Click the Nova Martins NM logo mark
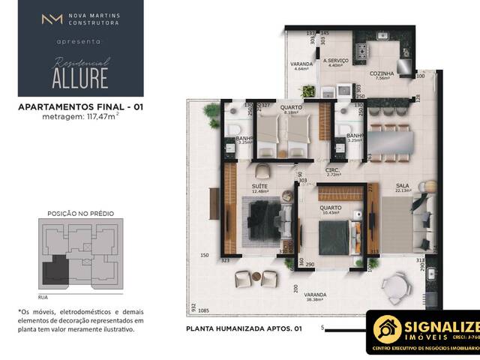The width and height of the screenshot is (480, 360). (52, 19)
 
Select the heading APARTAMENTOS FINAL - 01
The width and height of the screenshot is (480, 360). (80, 107)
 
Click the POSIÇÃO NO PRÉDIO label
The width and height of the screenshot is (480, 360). (81, 213)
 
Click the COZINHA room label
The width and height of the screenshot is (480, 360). (382, 73)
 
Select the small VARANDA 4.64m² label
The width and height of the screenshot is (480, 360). (301, 66)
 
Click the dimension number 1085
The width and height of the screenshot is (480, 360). (204, 311)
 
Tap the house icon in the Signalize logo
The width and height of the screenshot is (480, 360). (387, 329)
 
